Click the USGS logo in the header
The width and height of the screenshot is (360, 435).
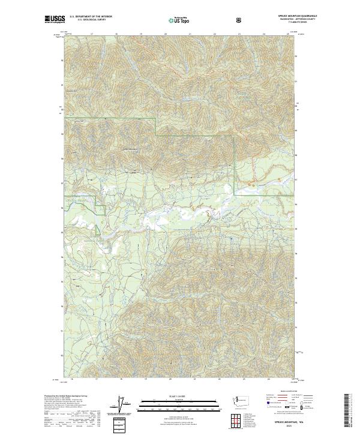point(55,19)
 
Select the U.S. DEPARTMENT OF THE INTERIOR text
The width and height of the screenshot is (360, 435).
point(91,16)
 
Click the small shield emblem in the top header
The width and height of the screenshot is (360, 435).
point(240,20)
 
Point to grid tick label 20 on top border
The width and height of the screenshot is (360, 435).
point(165,35)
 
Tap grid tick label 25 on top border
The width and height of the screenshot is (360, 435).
point(288,35)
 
